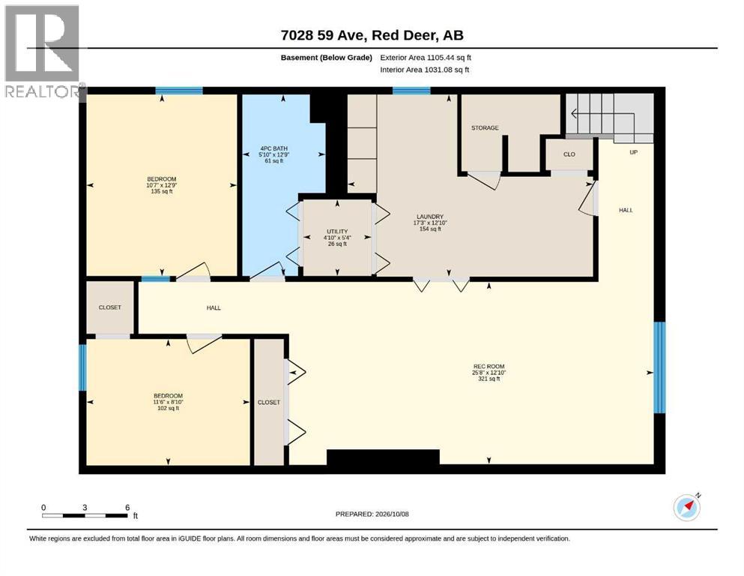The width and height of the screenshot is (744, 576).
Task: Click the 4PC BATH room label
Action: [x=273, y=148]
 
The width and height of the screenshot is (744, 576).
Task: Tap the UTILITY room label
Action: [x=337, y=232]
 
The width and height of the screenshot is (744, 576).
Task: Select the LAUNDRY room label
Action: [x=430, y=217]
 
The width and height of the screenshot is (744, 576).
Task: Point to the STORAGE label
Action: [x=485, y=127]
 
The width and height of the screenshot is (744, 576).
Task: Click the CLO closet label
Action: [x=569, y=154]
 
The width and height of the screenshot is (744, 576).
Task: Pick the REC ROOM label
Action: [x=489, y=367]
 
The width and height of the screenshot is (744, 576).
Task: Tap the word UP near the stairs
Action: [x=633, y=152]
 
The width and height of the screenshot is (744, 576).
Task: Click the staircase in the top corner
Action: [x=610, y=115]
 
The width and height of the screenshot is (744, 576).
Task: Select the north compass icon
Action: [x=687, y=507]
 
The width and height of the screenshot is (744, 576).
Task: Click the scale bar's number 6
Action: [x=127, y=508]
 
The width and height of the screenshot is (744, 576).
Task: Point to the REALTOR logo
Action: [x=43, y=51]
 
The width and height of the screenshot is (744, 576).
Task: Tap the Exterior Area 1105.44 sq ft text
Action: [x=426, y=58]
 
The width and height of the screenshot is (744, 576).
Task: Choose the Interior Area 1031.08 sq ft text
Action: [x=425, y=70]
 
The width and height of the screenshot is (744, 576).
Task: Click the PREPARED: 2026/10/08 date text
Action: [x=372, y=514]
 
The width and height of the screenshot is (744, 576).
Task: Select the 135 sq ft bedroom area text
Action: [x=161, y=191]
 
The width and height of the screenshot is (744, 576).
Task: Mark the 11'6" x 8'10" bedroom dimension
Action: [x=168, y=402]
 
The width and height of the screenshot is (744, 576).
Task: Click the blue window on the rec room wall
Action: [x=659, y=367]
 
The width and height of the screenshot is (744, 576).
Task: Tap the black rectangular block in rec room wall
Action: [x=383, y=457]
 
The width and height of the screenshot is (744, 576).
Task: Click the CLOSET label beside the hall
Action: [x=109, y=307]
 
